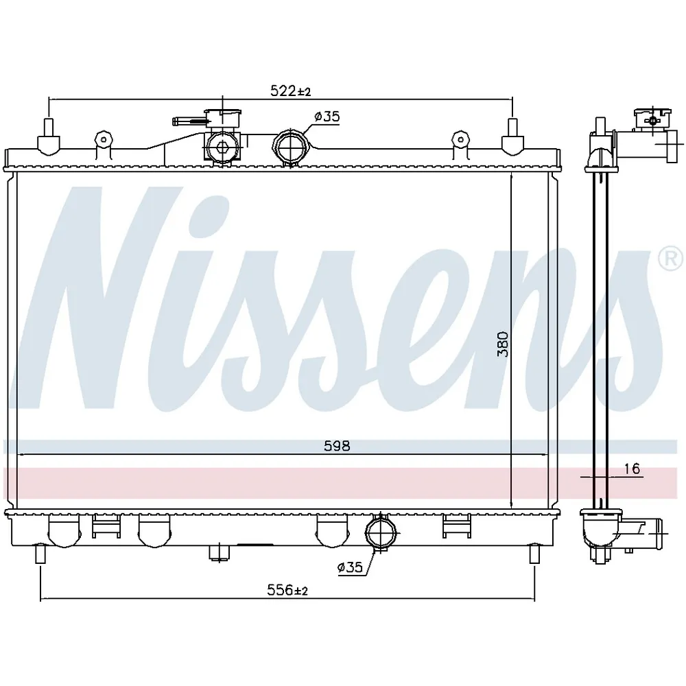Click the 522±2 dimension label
(x=290, y=91)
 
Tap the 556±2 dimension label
(x=287, y=591)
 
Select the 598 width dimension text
(x=337, y=446)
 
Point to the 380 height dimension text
(x=503, y=344)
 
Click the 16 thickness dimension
(x=632, y=469)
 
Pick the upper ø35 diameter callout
(x=327, y=117)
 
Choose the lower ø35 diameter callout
(x=350, y=567)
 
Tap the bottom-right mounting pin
(x=535, y=552)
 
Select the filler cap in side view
(x=650, y=120)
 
